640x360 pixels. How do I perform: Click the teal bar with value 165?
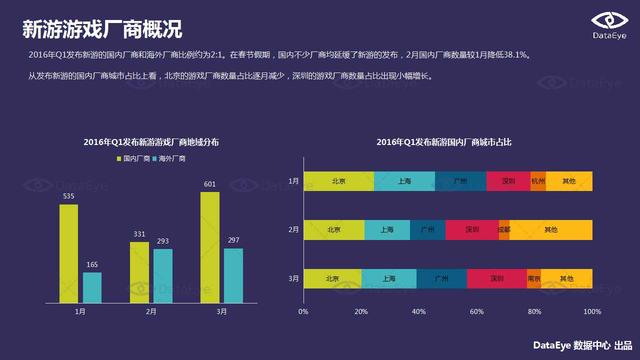tap(92, 287)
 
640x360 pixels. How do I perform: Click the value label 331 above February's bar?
tap(140, 234)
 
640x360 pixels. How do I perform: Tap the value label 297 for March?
tap(233, 240)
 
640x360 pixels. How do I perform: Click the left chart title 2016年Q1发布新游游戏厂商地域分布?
tap(151, 144)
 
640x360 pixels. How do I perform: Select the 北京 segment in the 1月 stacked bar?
tap(338, 181)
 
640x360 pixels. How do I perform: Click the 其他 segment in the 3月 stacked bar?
tap(567, 278)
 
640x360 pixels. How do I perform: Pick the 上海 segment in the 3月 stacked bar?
tap(389, 278)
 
